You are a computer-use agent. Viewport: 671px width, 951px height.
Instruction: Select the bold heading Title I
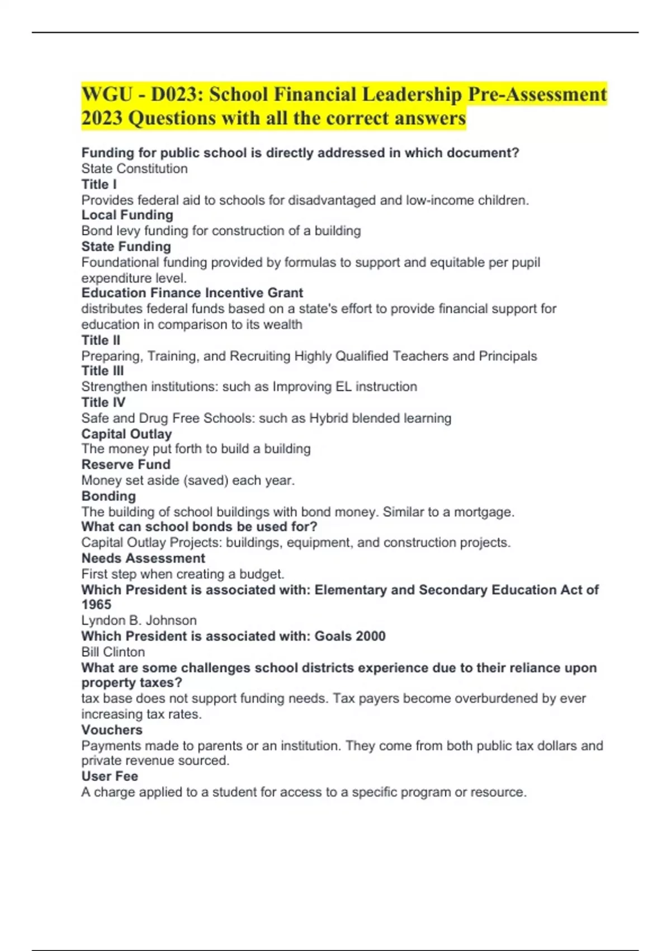pos(99,184)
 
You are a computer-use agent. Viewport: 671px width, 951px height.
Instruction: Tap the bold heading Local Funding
pos(127,215)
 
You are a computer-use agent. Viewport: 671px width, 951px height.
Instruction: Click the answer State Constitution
pos(134,168)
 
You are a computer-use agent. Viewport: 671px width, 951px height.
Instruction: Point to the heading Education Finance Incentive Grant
pos(192,293)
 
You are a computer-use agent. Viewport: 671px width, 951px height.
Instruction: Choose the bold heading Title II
pos(101,340)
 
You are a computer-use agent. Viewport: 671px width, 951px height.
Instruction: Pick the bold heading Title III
pos(102,371)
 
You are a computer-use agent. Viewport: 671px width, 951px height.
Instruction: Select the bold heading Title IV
pos(103,402)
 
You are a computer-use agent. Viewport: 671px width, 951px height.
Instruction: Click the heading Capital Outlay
pos(126,434)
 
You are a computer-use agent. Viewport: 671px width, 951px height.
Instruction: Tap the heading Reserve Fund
pos(126,464)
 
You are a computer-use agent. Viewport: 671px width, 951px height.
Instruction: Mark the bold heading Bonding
pos(108,496)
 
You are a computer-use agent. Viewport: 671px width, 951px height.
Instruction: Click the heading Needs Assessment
pos(143,558)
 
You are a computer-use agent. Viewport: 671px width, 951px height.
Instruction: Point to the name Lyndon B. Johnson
pos(139,620)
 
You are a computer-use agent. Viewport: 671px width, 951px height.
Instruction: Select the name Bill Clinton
pos(113,652)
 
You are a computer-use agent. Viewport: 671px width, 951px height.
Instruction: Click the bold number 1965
pos(96,605)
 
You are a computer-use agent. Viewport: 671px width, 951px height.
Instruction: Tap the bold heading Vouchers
pos(112,729)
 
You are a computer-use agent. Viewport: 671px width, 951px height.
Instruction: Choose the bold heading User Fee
pos(110,776)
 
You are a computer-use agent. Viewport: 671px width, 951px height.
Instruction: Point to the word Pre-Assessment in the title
pos(537,95)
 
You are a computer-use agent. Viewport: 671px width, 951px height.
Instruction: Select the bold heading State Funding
pos(126,246)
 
